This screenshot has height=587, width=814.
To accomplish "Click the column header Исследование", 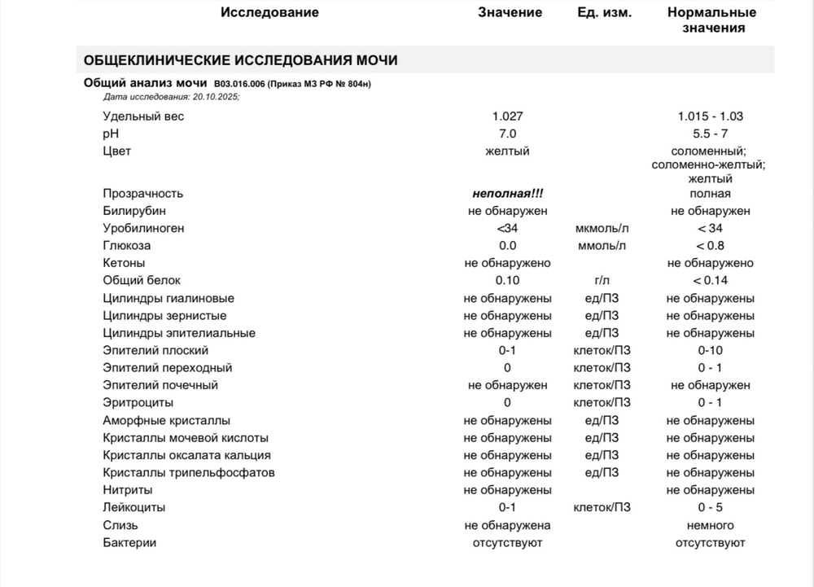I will [269, 12].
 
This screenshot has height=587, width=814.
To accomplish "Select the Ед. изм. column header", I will [602, 12].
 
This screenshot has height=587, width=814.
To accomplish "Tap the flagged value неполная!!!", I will [507, 194].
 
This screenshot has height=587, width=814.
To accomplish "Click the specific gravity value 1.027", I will [507, 116].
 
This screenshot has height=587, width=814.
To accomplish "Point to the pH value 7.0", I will [507, 134].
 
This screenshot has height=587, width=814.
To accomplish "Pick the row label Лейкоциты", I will [134, 507].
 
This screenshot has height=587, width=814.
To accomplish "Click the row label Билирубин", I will [134, 211].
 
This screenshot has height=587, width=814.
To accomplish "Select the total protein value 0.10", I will [507, 281].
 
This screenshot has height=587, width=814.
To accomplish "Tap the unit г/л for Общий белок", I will [602, 281].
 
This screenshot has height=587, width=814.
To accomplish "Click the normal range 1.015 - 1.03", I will [710, 116].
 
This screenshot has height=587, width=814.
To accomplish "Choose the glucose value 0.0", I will [507, 246].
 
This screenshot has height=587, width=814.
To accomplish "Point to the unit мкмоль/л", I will [602, 229].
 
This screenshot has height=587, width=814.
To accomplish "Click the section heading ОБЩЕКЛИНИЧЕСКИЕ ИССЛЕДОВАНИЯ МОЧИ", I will [241, 60].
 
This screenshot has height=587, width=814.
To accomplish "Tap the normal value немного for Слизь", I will [710, 525].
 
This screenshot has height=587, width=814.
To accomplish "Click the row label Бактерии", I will [129, 542].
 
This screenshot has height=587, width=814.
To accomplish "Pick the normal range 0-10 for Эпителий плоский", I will [710, 350].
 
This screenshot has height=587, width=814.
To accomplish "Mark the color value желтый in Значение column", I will [507, 151].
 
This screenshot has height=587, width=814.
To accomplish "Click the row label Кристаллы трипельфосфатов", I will [189, 473].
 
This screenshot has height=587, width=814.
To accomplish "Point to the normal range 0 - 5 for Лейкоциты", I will [710, 507].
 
